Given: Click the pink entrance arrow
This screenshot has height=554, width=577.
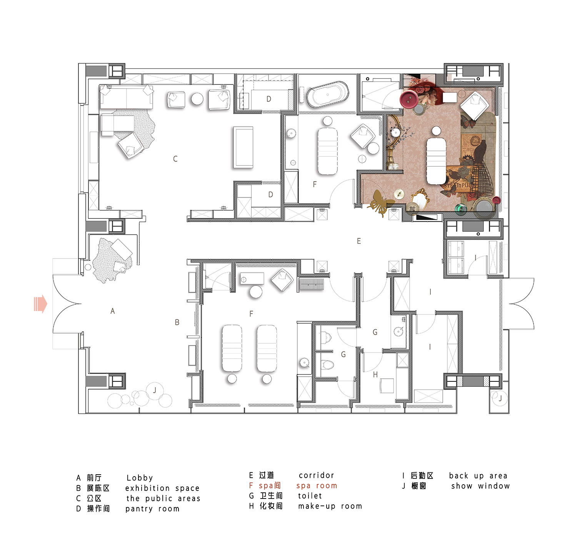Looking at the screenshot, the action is (40, 304).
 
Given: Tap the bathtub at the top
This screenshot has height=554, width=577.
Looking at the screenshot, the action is (327, 94).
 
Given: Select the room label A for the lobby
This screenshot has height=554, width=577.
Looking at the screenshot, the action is (112, 311).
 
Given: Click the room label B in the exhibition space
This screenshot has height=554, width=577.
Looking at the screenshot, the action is (177, 322).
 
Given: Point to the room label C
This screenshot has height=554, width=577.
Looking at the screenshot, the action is (175, 159).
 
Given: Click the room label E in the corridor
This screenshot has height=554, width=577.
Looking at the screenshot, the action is (359, 241).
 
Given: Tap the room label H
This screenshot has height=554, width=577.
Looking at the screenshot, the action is (375, 374).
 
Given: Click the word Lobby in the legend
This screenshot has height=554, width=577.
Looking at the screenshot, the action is (140, 478).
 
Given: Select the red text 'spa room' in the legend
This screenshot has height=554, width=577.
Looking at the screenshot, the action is (317, 486).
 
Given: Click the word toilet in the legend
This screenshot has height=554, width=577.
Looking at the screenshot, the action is (310, 496).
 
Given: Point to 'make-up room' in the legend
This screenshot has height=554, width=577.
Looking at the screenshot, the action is (330, 506).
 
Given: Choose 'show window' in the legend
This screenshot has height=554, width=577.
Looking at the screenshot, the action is (480, 486).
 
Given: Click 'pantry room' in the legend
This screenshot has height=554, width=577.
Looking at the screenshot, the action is (152, 509).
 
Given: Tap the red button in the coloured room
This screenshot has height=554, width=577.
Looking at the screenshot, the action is (409, 99).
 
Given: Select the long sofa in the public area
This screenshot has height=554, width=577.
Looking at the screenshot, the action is (127, 97).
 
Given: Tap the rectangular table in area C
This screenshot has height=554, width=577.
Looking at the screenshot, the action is (243, 148).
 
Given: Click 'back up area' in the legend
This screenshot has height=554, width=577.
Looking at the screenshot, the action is (478, 476).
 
